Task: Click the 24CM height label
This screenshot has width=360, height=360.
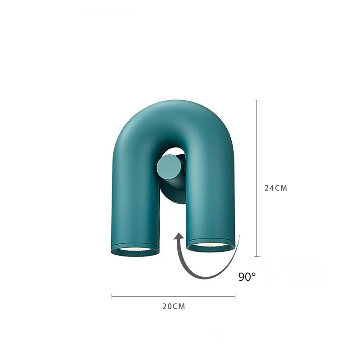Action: [x=275, y=188]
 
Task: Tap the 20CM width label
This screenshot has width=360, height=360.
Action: [x=173, y=306]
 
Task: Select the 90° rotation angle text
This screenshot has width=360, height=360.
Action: [x=247, y=277]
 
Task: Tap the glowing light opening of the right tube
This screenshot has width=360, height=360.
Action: [x=210, y=245]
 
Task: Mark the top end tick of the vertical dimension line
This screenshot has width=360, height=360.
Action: [x=257, y=100]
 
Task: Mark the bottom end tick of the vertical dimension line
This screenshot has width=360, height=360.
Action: [x=257, y=256]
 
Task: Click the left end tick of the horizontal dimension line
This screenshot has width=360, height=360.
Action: [x=112, y=296]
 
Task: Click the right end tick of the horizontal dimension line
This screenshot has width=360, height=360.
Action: [x=235, y=296]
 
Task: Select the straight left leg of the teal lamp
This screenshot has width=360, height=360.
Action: [x=134, y=202]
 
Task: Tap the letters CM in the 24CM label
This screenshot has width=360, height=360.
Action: [x=281, y=188]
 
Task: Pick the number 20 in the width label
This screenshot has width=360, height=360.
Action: [x=167, y=306]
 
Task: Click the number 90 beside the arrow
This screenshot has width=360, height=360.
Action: [x=244, y=277]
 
